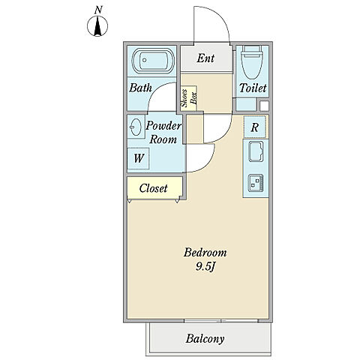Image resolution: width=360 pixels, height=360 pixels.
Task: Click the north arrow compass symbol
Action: click(x=97, y=26)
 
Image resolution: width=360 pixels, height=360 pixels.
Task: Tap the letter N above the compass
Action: click(x=98, y=10)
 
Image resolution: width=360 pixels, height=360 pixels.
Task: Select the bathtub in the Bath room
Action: click(x=153, y=61)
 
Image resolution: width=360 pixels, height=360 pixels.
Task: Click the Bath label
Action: click(x=140, y=88)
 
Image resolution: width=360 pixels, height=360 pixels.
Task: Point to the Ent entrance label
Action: click(x=205, y=58)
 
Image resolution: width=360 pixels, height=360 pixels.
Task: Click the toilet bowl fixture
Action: click(x=252, y=62)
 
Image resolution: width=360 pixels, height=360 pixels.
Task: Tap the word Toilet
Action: click(x=253, y=88)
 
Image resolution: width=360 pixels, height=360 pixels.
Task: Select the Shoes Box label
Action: click(x=189, y=98)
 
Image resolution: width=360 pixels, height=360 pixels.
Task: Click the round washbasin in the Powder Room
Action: click(x=136, y=127)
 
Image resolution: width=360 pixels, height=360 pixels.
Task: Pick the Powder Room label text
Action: click(x=163, y=133)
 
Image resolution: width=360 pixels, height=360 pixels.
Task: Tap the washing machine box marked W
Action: click(x=139, y=158)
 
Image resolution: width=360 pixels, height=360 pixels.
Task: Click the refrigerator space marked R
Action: click(x=255, y=127)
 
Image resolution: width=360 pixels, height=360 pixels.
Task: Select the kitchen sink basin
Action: click(x=256, y=151)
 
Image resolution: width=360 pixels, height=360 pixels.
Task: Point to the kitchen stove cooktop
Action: click(x=256, y=183)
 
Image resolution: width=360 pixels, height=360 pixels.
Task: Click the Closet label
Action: click(x=153, y=188)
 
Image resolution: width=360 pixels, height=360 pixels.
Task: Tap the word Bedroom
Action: click(x=205, y=253)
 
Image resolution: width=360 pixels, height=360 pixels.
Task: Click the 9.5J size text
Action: click(x=205, y=267)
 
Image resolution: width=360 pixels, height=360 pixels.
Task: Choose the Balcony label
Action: click(x=205, y=339)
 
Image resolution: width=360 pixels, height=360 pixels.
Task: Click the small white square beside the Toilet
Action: click(x=264, y=106)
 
